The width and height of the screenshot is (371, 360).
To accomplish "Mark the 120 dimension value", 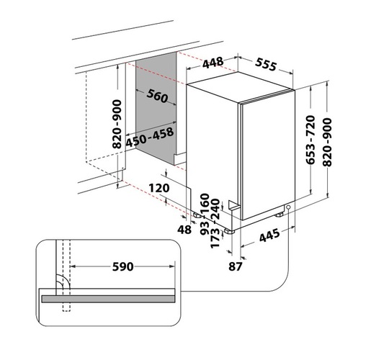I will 157,188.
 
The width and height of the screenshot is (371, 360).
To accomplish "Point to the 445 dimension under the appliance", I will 269,237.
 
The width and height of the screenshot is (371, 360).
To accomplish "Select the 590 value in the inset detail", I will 124,267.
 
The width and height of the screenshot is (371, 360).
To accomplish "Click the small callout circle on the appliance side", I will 287,209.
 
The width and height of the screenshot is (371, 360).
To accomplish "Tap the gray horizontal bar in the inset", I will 108,297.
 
